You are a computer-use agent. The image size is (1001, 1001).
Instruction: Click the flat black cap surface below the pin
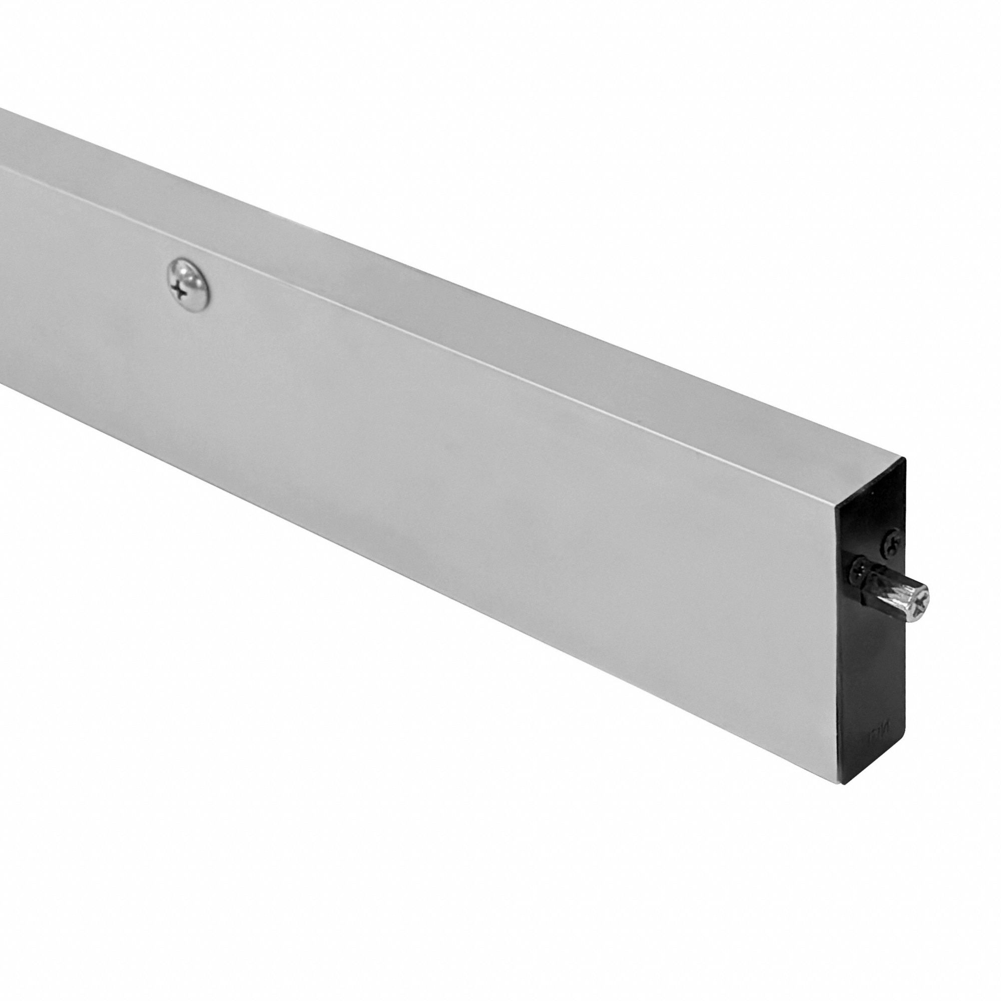pos(875,674)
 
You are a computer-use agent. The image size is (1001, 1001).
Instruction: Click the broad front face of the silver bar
pos(414,466)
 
